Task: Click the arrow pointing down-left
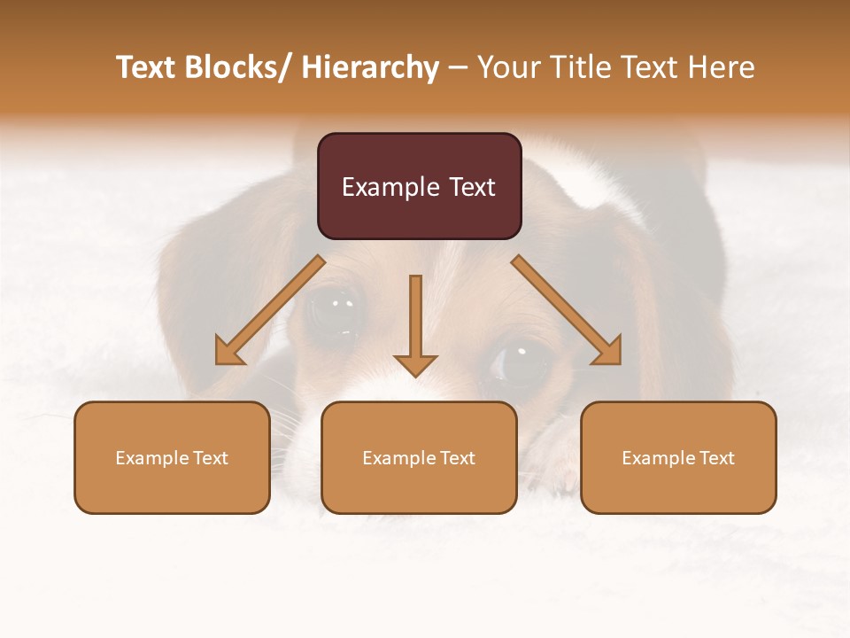click(x=270, y=310)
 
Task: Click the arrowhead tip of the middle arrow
click(x=415, y=374)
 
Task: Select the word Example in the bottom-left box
click(x=151, y=458)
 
